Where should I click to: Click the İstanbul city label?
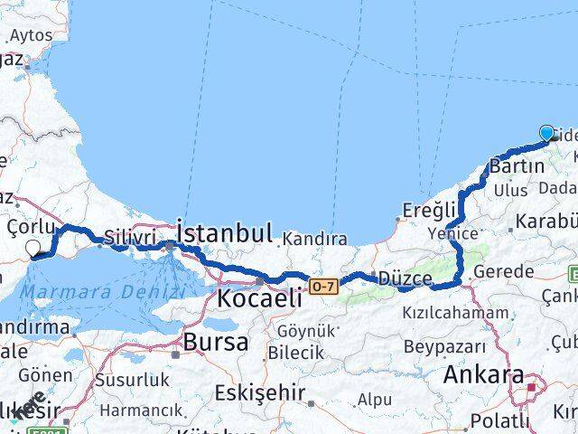(224, 233)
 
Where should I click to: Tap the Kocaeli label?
(260, 298)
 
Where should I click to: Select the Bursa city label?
(216, 342)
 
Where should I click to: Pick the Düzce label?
(406, 278)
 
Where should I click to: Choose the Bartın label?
(517, 166)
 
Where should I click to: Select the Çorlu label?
(32, 226)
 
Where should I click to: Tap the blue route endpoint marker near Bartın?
(546, 134)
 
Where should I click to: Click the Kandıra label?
(314, 240)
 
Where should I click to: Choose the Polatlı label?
(499, 420)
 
